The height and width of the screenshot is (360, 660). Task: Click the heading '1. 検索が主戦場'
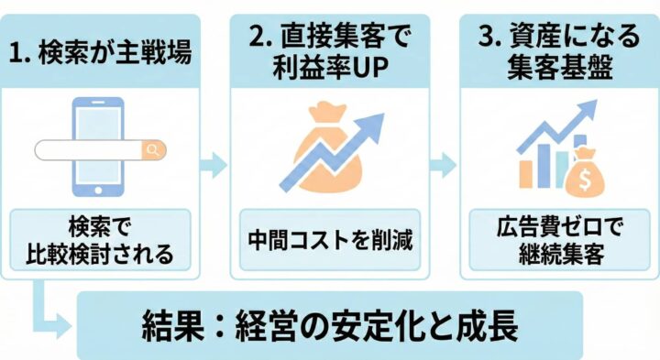click(x=103, y=53)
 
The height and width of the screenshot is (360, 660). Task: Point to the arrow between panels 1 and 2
click(x=213, y=165)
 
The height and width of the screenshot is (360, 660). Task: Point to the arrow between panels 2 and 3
click(x=444, y=165)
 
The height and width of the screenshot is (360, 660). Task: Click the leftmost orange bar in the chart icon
click(x=527, y=173)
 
